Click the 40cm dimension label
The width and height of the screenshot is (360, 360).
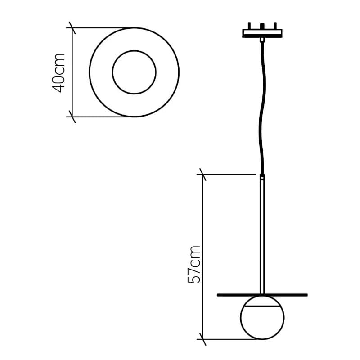click(59, 72)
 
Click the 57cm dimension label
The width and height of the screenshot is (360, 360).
click(194, 264)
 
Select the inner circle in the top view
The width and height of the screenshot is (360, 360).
click(134, 72)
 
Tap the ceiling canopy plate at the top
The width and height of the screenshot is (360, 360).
click(262, 33)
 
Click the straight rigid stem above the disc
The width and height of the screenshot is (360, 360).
click(262, 234)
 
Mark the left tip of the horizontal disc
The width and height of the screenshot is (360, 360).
click(218, 295)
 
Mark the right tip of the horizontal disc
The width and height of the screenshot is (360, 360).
click(306, 295)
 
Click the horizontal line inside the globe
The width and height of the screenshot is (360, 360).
click(262, 306)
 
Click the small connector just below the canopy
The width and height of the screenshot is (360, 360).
click(262, 40)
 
